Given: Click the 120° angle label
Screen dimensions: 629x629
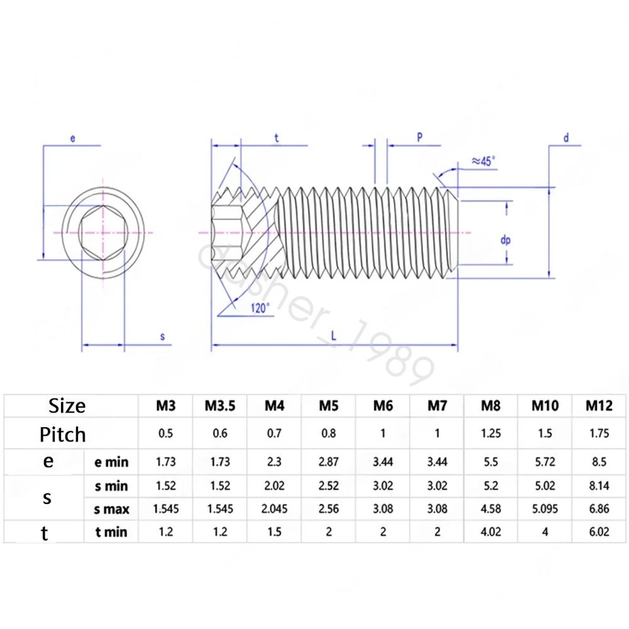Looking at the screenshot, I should click(x=258, y=309).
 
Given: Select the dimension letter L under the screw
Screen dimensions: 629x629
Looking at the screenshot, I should click(x=334, y=335).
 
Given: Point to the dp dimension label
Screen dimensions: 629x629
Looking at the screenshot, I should click(x=505, y=240).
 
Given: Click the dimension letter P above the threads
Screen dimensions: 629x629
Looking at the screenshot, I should click(x=419, y=136).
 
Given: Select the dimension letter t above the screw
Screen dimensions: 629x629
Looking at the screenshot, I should click(x=276, y=137).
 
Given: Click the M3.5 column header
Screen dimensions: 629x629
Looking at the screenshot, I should click(x=219, y=406).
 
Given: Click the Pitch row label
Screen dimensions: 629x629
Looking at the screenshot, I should click(x=63, y=434).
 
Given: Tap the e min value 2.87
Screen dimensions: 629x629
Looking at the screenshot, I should click(x=328, y=462).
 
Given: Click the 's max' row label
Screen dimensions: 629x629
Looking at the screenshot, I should click(x=111, y=509).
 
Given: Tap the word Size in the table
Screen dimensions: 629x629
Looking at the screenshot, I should click(x=67, y=406).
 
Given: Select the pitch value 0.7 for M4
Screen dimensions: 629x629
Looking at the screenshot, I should click(x=275, y=434).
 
